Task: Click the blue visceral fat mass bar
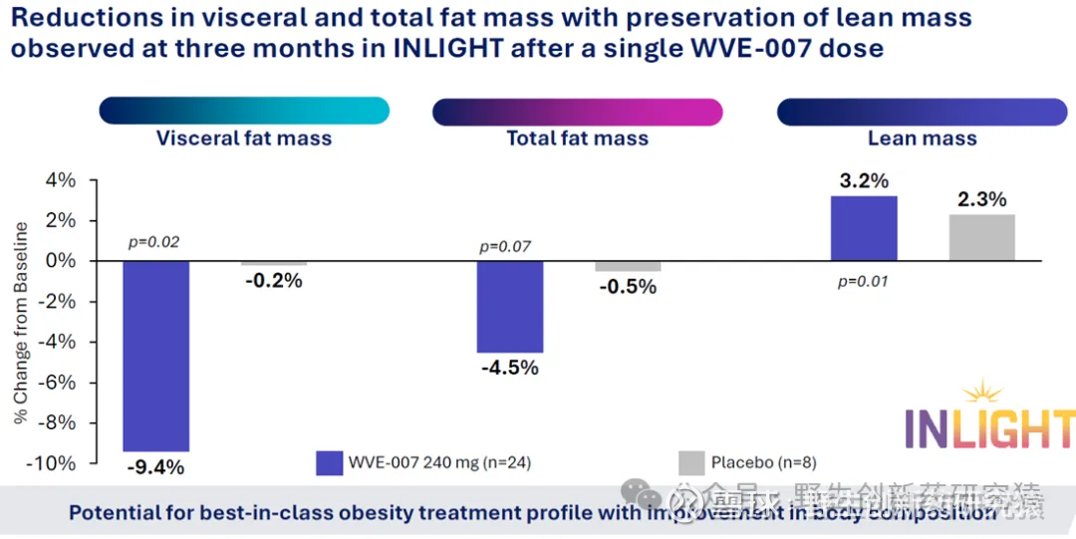pyautogui.click(x=155, y=356)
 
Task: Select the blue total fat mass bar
pyautogui.click(x=510, y=307)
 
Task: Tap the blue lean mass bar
pyautogui.click(x=863, y=228)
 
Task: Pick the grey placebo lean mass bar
pyautogui.click(x=982, y=238)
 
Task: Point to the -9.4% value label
pyautogui.click(x=156, y=466)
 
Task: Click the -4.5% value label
pyautogui.click(x=510, y=368)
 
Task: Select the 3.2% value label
pyautogui.click(x=863, y=181)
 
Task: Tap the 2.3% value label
pyautogui.click(x=982, y=200)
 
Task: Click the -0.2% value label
pyautogui.click(x=273, y=280)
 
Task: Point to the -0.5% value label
pyautogui.click(x=628, y=287)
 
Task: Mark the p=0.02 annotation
pyautogui.click(x=155, y=241)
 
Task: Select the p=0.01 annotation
pyautogui.click(x=863, y=282)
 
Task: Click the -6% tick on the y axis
pyautogui.click(x=57, y=383)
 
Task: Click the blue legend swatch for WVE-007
pyautogui.click(x=330, y=463)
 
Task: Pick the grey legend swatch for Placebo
pyautogui.click(x=691, y=463)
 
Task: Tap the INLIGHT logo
pyautogui.click(x=989, y=420)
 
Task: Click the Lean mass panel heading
pyautogui.click(x=922, y=138)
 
